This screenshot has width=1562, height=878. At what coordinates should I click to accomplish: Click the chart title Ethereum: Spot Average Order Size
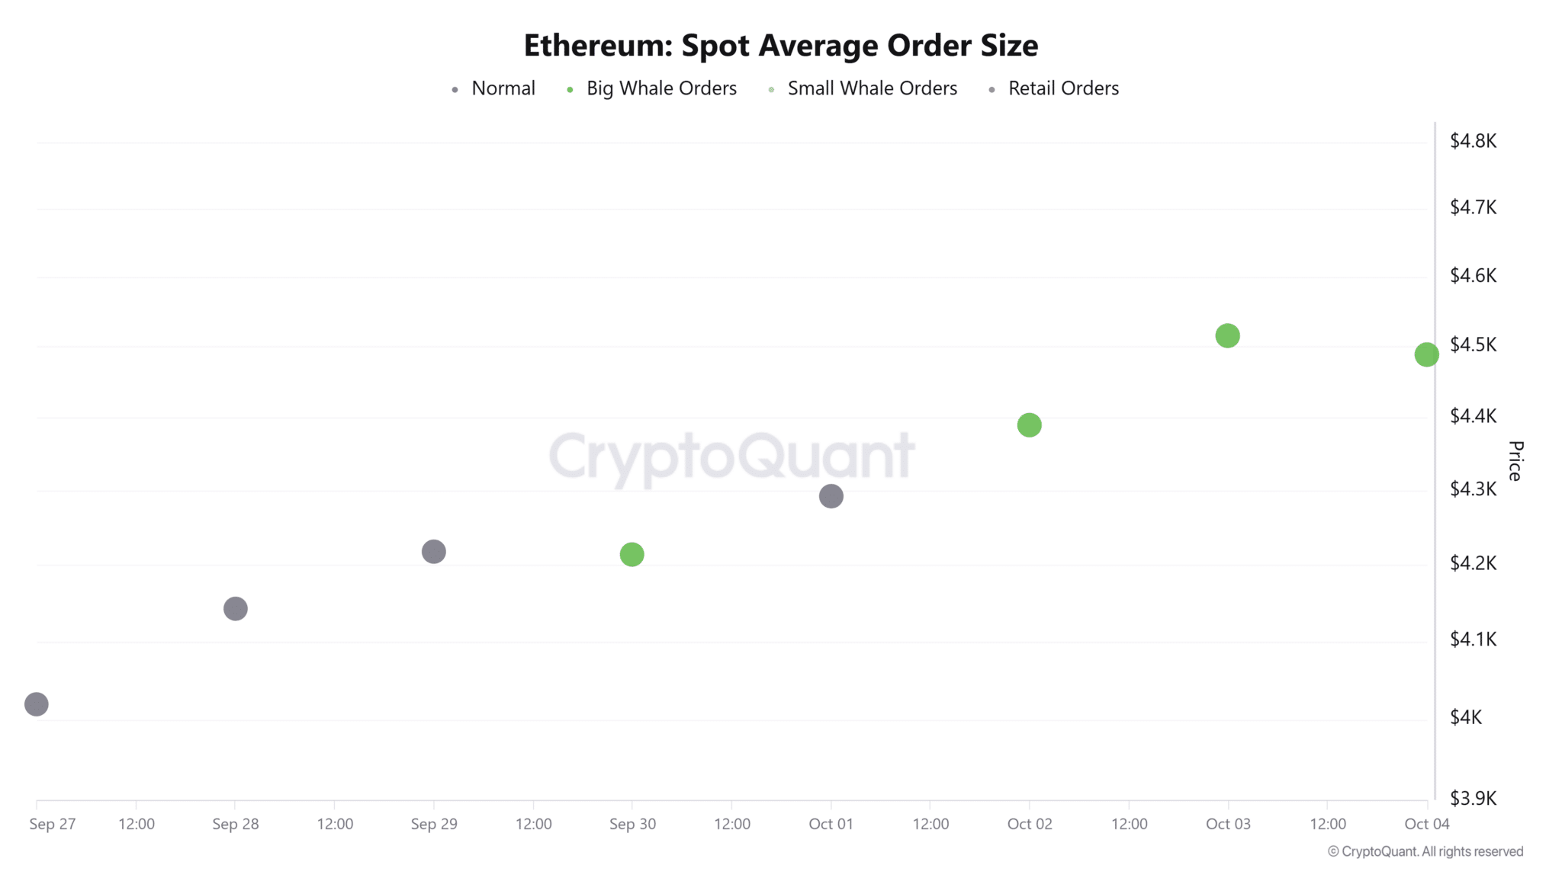click(780, 46)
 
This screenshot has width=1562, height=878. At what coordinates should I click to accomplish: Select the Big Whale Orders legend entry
click(660, 88)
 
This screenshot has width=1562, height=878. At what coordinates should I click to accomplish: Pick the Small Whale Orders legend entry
click(872, 88)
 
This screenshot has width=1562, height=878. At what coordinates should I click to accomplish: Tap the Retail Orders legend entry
click(1062, 88)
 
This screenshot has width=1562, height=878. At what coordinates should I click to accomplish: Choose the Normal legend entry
click(503, 88)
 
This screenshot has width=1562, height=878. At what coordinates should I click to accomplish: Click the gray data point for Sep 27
click(37, 704)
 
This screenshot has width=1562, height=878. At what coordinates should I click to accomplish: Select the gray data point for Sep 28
click(236, 609)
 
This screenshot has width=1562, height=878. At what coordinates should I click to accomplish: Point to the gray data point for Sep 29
click(434, 552)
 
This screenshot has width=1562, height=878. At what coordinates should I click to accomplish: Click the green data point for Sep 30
click(632, 555)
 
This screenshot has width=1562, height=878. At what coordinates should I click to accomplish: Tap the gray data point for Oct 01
click(831, 497)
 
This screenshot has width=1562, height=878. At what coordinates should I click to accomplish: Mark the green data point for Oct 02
click(1030, 425)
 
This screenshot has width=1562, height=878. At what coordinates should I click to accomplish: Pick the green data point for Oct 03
click(1228, 336)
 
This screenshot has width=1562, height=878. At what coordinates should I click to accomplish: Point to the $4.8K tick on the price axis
click(1473, 141)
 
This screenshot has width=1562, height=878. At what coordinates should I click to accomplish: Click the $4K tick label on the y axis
click(1465, 717)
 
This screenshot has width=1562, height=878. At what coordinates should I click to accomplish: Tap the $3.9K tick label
click(1473, 798)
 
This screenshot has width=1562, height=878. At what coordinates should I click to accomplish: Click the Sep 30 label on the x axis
click(632, 824)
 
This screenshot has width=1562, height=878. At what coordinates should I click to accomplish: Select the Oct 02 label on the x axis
click(1030, 824)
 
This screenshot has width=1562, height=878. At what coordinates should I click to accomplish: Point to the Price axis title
click(1515, 460)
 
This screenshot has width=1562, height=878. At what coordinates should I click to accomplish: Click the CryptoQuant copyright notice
click(1425, 852)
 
